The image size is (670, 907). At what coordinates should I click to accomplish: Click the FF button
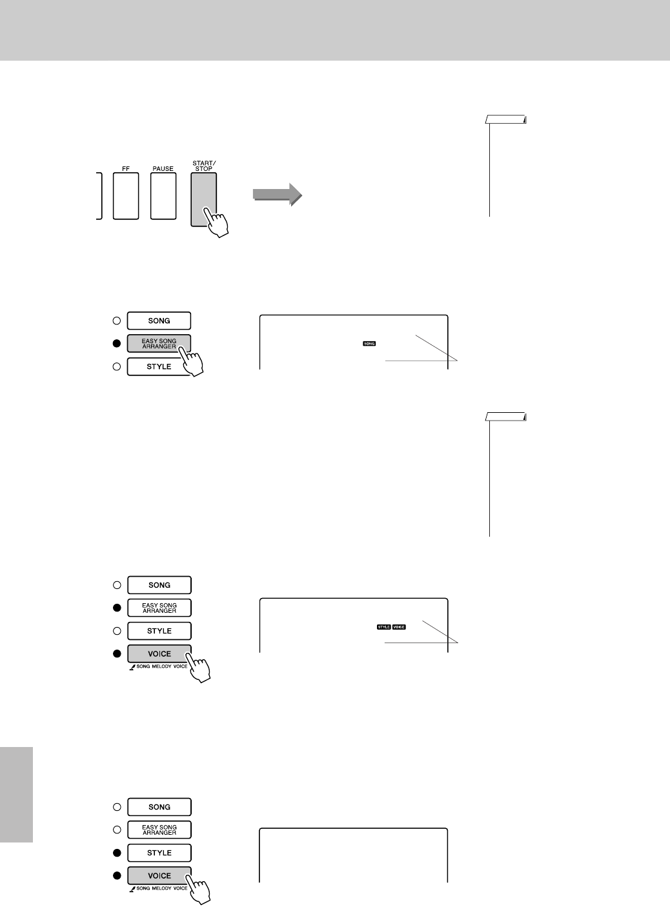click(125, 196)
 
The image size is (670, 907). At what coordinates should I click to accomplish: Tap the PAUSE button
click(163, 196)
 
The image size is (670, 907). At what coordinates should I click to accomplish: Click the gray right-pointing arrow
click(277, 194)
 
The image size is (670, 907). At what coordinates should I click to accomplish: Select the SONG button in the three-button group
click(159, 321)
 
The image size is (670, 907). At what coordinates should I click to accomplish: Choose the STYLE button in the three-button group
click(159, 366)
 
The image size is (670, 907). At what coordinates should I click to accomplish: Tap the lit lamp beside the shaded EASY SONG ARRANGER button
click(117, 344)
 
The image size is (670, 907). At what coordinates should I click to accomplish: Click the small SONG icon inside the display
click(369, 344)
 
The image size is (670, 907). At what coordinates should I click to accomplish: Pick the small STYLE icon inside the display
click(383, 626)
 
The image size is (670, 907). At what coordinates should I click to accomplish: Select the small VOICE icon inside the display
click(399, 626)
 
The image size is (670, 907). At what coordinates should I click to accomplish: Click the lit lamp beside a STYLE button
click(117, 853)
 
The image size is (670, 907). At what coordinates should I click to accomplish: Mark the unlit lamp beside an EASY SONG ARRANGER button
click(117, 830)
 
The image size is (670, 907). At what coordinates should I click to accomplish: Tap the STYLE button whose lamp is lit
click(159, 853)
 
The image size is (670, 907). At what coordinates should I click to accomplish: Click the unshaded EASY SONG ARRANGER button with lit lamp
click(159, 608)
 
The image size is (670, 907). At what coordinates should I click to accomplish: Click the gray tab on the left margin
click(16, 794)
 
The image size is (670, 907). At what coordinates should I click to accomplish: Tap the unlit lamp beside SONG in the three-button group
click(117, 321)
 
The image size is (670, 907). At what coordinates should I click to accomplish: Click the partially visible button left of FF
click(99, 196)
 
